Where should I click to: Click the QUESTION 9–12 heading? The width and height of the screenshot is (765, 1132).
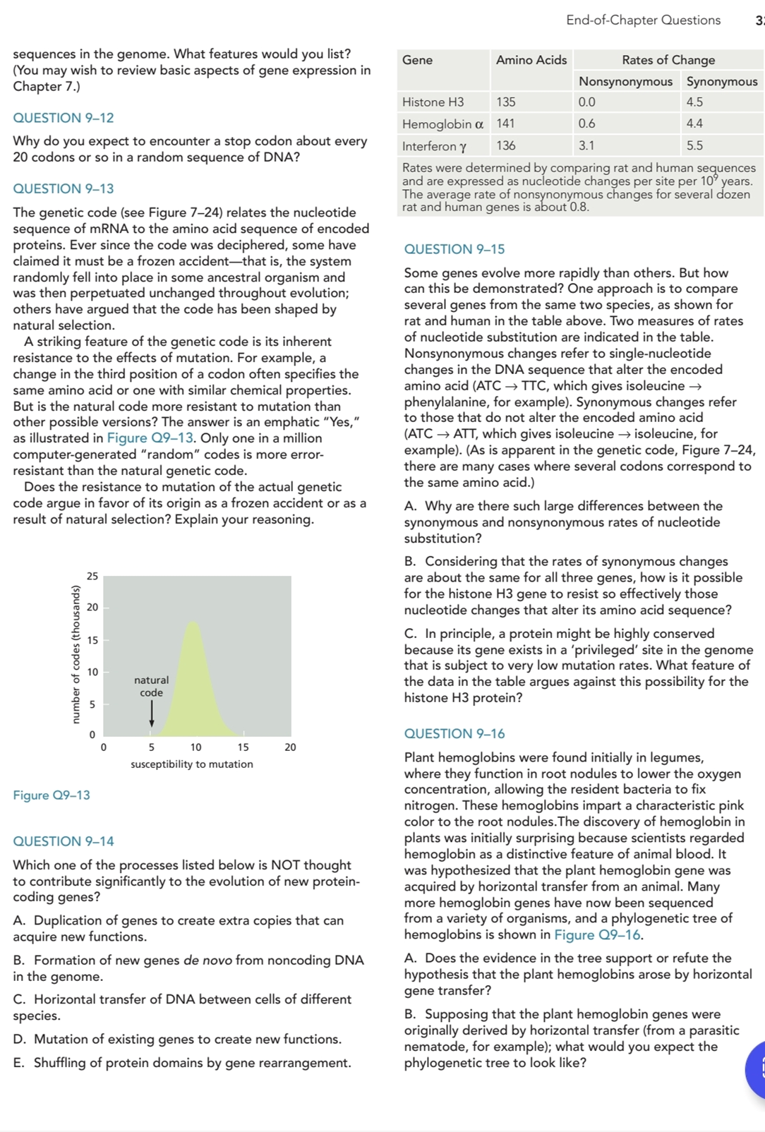(x=64, y=118)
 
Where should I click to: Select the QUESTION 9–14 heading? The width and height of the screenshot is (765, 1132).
(x=64, y=841)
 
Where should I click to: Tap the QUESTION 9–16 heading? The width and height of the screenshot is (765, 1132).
(x=454, y=734)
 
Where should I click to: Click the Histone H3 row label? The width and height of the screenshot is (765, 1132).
(x=433, y=102)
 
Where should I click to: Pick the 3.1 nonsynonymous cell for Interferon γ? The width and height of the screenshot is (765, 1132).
(x=586, y=146)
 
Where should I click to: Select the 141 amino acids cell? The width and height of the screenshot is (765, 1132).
(x=505, y=124)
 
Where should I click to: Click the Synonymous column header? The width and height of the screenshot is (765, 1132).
(x=721, y=82)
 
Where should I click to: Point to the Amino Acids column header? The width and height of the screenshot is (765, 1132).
(x=531, y=60)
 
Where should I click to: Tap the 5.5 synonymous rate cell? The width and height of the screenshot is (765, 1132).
(x=694, y=146)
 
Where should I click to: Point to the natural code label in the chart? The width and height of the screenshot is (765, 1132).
(x=152, y=686)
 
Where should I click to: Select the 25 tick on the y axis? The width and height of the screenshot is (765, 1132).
(x=92, y=576)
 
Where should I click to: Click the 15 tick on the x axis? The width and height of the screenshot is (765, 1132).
(x=243, y=747)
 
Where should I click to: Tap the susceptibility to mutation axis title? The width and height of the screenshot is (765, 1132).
(x=191, y=764)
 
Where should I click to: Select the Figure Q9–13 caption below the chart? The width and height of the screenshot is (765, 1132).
(x=52, y=795)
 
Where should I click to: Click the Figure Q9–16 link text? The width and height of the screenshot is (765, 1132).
(x=598, y=935)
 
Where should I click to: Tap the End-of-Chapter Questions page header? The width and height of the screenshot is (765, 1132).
(x=643, y=20)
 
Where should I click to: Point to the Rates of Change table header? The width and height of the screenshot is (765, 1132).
(x=668, y=60)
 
